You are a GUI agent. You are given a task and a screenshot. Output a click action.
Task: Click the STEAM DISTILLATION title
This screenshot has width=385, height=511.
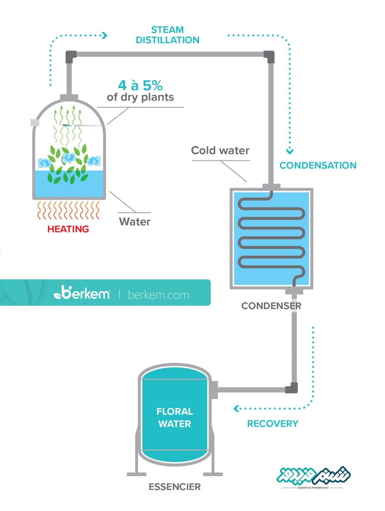tap(168, 35)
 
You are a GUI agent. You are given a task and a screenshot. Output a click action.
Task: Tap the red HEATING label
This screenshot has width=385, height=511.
tap(68, 229)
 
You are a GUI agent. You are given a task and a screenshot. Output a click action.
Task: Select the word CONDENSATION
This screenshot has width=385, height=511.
tap(318, 165)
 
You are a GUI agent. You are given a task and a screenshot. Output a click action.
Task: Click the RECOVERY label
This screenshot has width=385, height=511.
tap(272, 424)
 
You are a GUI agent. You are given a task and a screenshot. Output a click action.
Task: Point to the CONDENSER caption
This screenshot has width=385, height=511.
tap(271, 306)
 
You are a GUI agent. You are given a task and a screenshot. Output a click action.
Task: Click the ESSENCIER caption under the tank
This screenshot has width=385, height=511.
tap(175, 487)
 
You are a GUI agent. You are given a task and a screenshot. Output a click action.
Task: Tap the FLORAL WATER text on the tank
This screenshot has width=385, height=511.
tap(175, 418)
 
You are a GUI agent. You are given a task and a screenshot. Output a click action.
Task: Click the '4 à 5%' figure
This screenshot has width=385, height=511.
tap(140, 86)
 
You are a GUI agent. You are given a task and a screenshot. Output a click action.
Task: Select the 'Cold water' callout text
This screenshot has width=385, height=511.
tap(220, 150)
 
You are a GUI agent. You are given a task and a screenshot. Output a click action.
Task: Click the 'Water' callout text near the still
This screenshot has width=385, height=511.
tap(135, 222)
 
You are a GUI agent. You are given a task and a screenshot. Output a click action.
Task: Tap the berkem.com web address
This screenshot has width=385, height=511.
tap(158, 295)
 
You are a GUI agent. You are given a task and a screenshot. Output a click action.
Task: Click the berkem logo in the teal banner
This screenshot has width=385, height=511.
tap(82, 292)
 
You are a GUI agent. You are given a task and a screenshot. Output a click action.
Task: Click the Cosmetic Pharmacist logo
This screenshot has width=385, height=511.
tap(313, 477)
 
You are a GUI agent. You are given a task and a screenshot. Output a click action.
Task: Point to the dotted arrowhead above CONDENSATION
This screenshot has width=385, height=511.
tap(289, 151)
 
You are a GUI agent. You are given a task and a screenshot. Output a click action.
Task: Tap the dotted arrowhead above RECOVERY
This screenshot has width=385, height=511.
tap(236, 409)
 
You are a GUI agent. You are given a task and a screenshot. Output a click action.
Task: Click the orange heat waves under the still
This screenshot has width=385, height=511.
tap(68, 210)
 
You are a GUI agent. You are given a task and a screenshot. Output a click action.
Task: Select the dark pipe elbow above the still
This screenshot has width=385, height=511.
tap(71, 57)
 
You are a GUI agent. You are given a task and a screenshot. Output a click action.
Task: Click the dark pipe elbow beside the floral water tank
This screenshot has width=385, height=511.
tap(292, 388)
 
